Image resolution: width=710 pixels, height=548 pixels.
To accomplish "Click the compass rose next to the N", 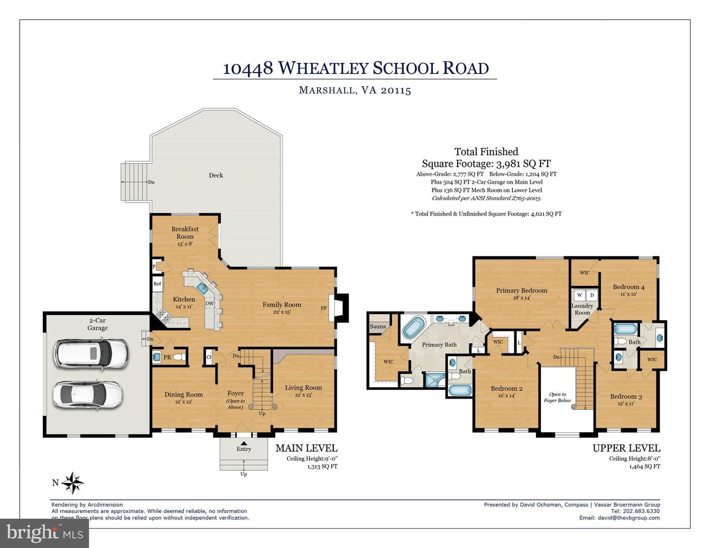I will point(73,483).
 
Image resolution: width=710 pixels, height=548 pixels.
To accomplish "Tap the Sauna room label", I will point(378,326).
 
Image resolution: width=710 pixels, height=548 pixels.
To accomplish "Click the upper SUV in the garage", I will point(91,353).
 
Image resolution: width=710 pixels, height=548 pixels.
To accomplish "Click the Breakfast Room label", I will point(185,233).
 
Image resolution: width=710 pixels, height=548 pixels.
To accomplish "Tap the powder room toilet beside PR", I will point(180,357).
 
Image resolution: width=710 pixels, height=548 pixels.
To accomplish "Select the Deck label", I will point(216,175).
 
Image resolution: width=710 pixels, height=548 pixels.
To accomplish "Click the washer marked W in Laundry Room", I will point(580,295).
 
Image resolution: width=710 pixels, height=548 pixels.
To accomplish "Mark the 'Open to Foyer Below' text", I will point(557,397).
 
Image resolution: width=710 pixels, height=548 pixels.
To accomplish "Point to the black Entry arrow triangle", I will point(244,444).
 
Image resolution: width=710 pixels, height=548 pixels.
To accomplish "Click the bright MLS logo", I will point(44,533).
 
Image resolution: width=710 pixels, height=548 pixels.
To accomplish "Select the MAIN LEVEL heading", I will point(306,448).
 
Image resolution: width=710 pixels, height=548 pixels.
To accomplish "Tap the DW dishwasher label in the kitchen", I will point(210,304).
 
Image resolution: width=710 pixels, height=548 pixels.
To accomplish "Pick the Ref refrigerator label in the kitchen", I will point(157,284).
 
